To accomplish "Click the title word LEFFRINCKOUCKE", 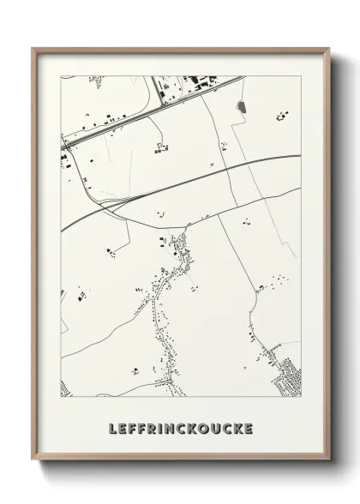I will coord(181,426).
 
